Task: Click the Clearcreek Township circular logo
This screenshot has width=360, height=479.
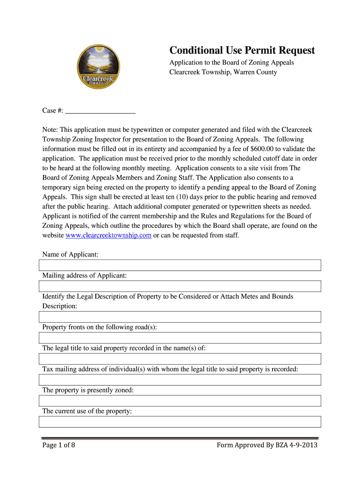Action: tap(98, 67)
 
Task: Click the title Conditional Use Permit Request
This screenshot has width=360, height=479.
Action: tap(242, 51)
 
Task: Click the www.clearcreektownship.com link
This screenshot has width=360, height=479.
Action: tap(108, 235)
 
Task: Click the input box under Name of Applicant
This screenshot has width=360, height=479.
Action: tap(180, 265)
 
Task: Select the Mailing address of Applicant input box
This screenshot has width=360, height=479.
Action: tap(180, 286)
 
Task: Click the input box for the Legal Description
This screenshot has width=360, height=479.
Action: tap(180, 317)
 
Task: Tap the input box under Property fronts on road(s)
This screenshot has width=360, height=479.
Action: tap(180, 338)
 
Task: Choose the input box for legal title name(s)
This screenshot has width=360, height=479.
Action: tap(180, 359)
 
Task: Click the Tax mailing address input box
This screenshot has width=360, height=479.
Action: tap(180, 380)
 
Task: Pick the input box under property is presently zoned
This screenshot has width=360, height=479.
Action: tap(180, 401)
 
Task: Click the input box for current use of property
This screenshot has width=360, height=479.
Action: tap(180, 422)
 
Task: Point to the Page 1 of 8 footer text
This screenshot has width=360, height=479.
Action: tap(59, 445)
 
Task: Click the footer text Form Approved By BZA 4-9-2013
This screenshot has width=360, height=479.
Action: tap(267, 445)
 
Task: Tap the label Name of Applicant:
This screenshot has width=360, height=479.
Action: tap(70, 254)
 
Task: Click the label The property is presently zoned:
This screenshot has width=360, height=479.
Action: tap(88, 390)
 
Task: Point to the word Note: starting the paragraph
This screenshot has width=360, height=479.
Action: tap(50, 130)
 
